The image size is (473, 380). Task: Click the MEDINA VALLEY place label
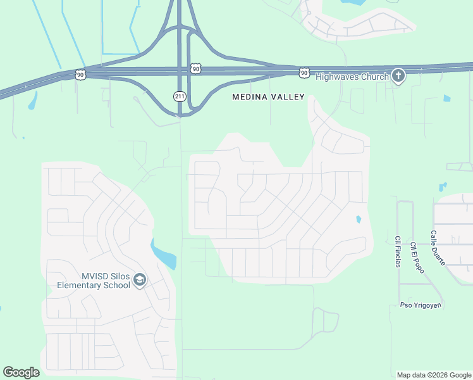(x=268, y=97)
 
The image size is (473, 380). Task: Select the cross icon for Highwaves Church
(x=398, y=76)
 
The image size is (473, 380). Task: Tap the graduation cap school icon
(x=140, y=280)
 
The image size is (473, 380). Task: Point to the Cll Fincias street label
(x=398, y=252)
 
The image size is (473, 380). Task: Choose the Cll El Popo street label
(x=416, y=257)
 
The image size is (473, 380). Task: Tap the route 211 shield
(x=180, y=96)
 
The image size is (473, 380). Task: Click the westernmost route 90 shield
(x=80, y=75)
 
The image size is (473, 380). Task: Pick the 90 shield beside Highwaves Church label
(x=304, y=73)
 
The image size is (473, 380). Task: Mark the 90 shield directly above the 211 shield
(x=195, y=68)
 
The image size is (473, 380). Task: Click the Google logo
(x=21, y=372)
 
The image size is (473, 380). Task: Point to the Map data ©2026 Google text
(x=433, y=375)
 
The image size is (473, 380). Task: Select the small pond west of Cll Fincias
(x=359, y=220)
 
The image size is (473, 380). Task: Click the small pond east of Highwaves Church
(x=447, y=98)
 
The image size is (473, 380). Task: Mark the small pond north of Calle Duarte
(x=442, y=187)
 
